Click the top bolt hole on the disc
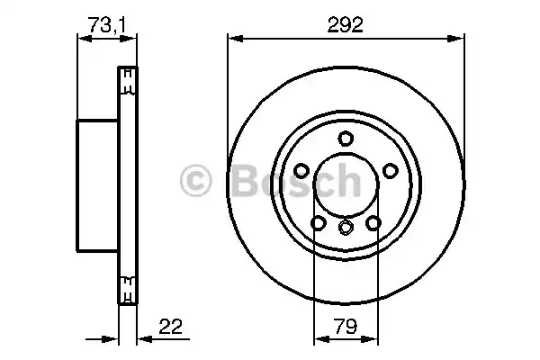345,139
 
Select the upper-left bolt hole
300,171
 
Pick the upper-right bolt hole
390,171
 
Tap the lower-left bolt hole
317,223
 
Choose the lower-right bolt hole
373,223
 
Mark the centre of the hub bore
345,185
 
